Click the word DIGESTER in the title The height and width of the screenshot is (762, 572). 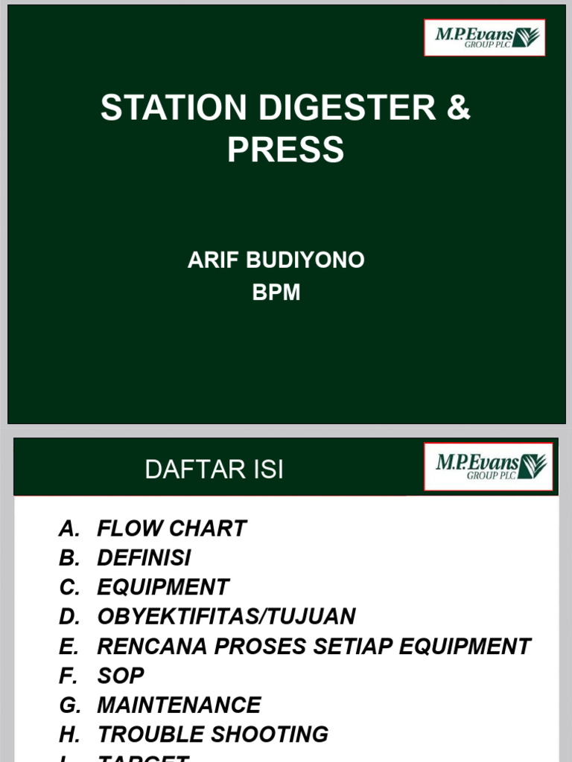pyautogui.click(x=348, y=108)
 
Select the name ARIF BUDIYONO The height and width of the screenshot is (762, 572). pyautogui.click(x=276, y=260)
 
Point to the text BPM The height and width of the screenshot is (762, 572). pyautogui.click(x=276, y=292)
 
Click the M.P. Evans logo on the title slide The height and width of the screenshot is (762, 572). pyautogui.click(x=485, y=38)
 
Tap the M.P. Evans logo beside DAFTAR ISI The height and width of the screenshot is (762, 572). pyautogui.click(x=489, y=467)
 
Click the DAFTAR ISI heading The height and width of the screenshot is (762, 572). pyautogui.click(x=214, y=470)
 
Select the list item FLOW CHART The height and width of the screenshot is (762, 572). pyautogui.click(x=171, y=528)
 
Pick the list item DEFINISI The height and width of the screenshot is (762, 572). pyautogui.click(x=144, y=557)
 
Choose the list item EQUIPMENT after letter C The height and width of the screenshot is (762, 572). pyautogui.click(x=163, y=587)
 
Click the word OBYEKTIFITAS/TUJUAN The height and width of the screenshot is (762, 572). pyautogui.click(x=226, y=616)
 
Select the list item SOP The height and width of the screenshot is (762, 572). pyautogui.click(x=121, y=676)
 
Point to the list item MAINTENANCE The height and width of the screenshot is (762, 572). pyautogui.click(x=179, y=705)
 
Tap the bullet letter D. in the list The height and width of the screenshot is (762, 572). pyautogui.click(x=69, y=616)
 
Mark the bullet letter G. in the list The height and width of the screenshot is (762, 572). pyautogui.click(x=69, y=705)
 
